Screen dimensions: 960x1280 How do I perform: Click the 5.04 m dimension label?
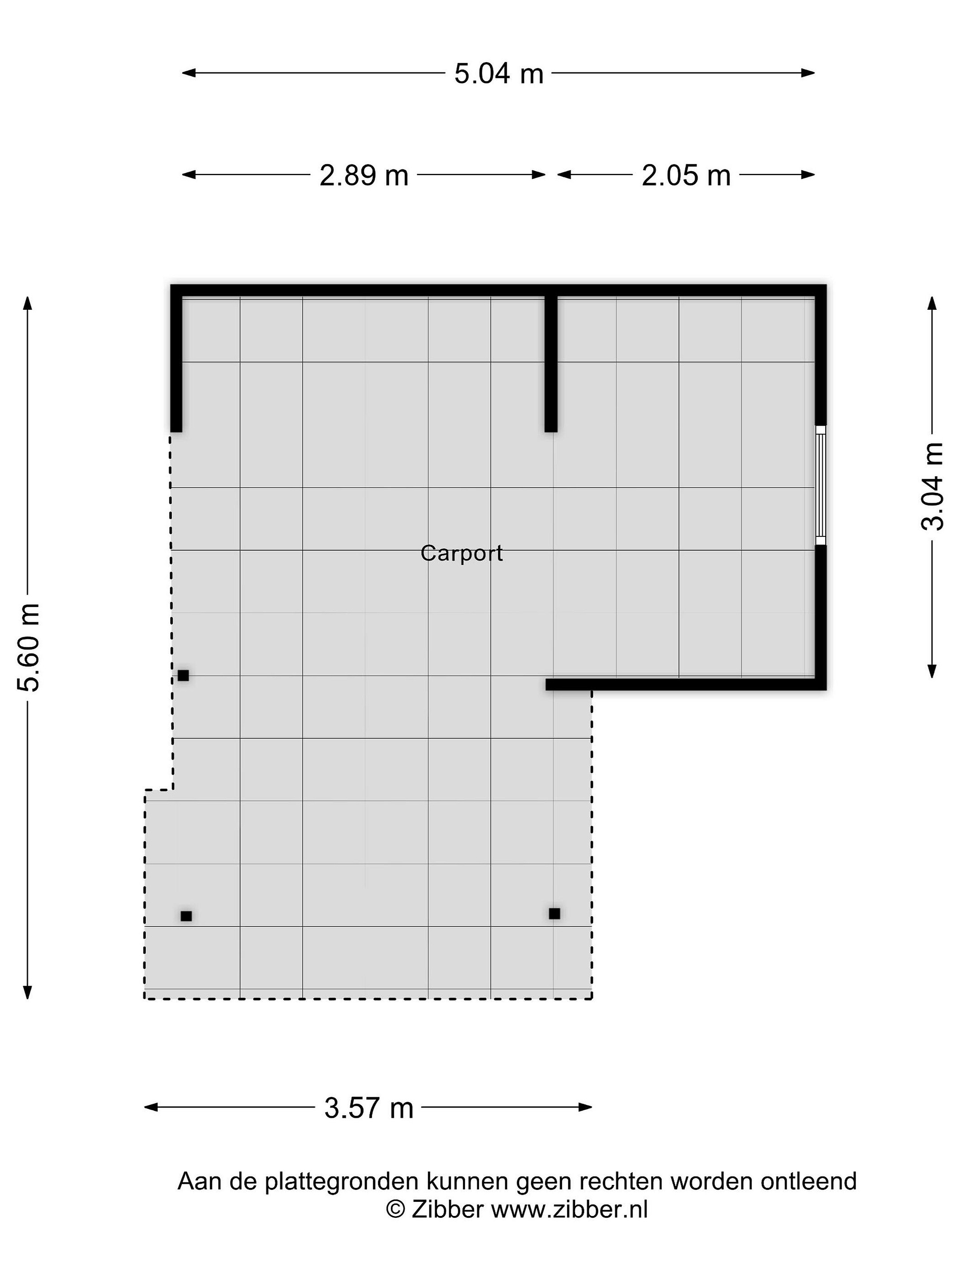point(498,73)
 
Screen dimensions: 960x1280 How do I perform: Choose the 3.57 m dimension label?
point(368,1108)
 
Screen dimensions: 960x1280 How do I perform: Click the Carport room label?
point(461,553)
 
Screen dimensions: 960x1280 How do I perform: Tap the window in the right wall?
point(820,485)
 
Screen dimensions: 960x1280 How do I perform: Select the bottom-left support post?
point(186,916)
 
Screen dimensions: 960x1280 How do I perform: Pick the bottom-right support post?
point(554,914)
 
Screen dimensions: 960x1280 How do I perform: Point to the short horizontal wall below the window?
point(686,684)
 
